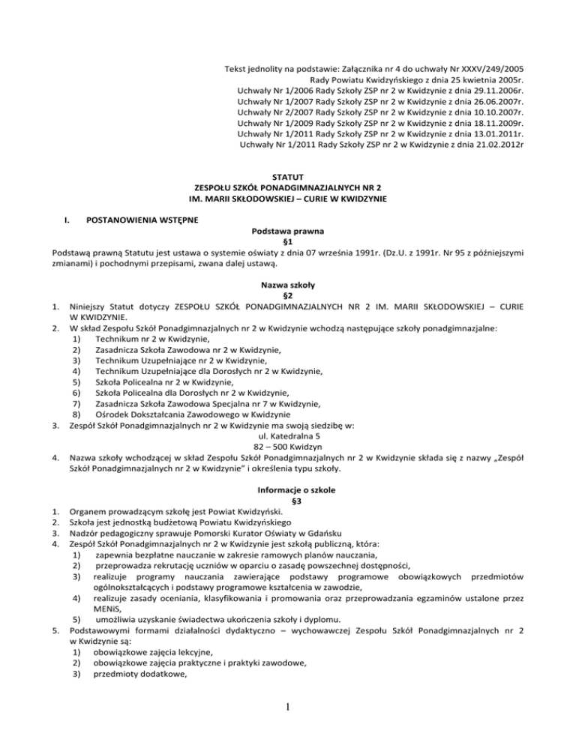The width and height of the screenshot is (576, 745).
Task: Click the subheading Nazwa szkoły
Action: (x=287, y=286)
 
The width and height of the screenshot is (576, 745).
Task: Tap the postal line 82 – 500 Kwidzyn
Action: (x=288, y=447)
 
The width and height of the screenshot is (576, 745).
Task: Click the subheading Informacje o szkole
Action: (x=287, y=490)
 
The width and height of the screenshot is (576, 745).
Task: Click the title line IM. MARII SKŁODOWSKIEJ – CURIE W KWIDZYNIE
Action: (x=287, y=199)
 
